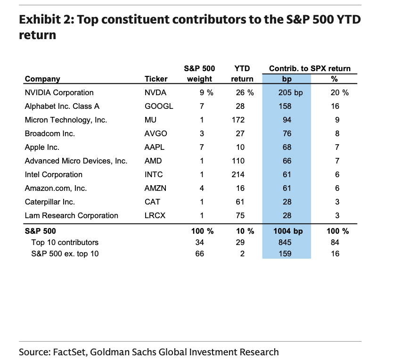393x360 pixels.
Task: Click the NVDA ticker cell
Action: pyautogui.click(x=156, y=92)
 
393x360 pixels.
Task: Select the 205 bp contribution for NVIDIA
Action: pyautogui.click(x=290, y=92)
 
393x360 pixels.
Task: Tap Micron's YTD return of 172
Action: pyautogui.click(x=238, y=120)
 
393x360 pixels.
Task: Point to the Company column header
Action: pyautogui.click(x=42, y=79)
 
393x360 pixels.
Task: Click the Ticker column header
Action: pyautogui.click(x=156, y=79)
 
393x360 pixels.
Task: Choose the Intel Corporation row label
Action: pyautogui.click(x=53, y=174)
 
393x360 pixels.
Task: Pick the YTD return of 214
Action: pyautogui.click(x=238, y=174)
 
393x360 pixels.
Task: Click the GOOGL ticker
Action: pyautogui.click(x=159, y=106)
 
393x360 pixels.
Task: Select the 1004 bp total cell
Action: pyautogui.click(x=288, y=231)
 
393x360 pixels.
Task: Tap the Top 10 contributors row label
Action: pyautogui.click(x=65, y=242)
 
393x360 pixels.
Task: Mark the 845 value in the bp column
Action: pyautogui.click(x=285, y=242)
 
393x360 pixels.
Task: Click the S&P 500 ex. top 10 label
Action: pyautogui.click(x=65, y=254)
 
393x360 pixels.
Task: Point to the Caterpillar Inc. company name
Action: pyautogui.click(x=49, y=202)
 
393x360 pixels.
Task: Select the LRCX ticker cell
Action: pyautogui.click(x=155, y=215)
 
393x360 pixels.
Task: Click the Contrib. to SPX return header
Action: pyautogui.click(x=310, y=68)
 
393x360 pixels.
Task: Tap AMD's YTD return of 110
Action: pyautogui.click(x=238, y=161)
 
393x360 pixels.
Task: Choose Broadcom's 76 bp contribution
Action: pyautogui.click(x=287, y=133)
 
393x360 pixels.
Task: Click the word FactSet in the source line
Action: pyautogui.click(x=70, y=352)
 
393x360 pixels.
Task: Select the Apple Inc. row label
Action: pyautogui.click(x=42, y=147)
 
